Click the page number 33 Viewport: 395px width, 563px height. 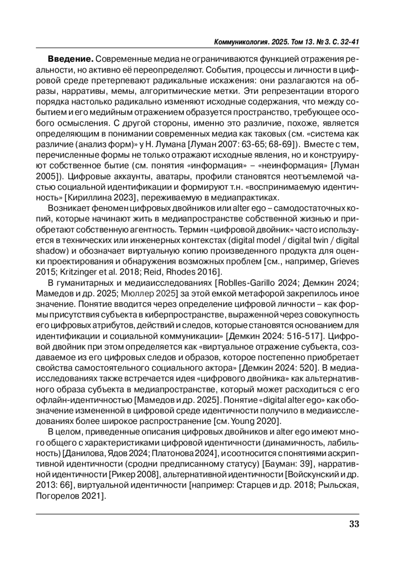click(354, 524)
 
